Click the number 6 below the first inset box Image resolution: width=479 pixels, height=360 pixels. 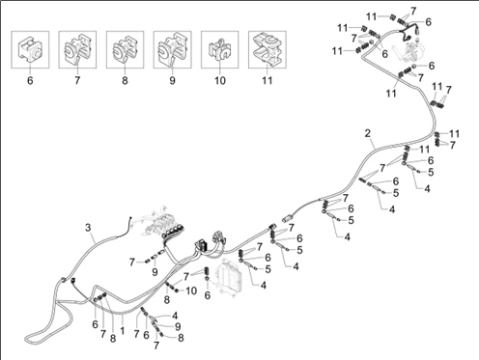tap(30, 80)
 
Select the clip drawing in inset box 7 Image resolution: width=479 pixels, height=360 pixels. tap(77, 49)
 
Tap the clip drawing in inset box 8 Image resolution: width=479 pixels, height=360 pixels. tap(125, 49)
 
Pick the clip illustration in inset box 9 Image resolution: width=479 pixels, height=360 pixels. tap(172, 49)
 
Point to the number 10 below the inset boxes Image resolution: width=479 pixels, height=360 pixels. tap(220, 80)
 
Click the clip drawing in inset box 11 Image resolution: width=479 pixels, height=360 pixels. tap(268, 49)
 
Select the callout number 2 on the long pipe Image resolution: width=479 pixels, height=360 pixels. tap(368, 133)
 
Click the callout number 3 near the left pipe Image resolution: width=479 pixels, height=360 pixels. tap(88, 228)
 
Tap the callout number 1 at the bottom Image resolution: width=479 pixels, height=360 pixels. tap(122, 330)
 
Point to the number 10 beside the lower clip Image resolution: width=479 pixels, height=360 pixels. tap(191, 291)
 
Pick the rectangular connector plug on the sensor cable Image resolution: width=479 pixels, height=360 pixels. tap(287, 218)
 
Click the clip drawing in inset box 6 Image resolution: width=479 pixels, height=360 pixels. tap(30, 49)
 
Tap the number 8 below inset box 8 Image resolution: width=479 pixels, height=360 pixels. tap(125, 80)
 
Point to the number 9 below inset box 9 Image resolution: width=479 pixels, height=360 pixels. tap(172, 80)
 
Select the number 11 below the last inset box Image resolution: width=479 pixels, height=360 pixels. tap(268, 80)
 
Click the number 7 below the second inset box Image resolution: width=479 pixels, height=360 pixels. tap(77, 80)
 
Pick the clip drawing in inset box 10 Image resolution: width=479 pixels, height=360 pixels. tap(220, 49)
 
